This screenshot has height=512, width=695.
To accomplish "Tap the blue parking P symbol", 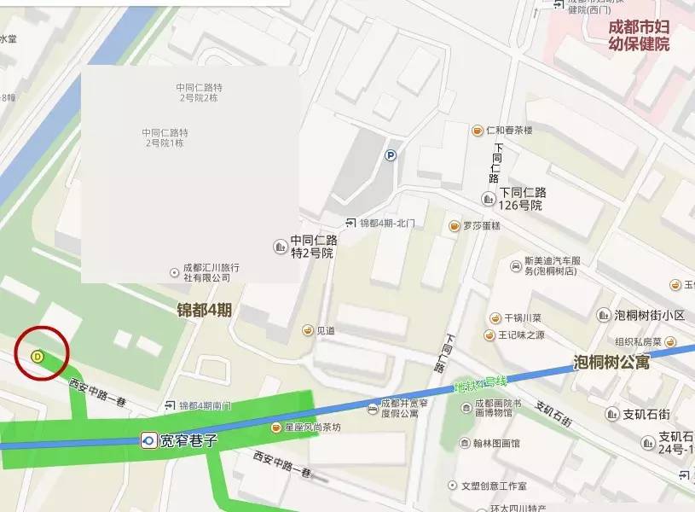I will (x=391, y=155).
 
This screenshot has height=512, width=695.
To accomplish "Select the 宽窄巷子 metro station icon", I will (x=148, y=440).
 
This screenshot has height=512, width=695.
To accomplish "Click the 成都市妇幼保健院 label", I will (x=639, y=35).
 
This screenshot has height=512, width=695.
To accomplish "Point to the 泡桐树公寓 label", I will (x=611, y=362).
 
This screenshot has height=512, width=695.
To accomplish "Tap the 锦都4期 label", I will (x=205, y=309).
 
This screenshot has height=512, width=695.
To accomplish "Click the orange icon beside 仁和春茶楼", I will (x=478, y=131).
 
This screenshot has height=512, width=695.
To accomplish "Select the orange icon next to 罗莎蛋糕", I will (x=455, y=226).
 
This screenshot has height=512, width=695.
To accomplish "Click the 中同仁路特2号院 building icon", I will (x=280, y=247).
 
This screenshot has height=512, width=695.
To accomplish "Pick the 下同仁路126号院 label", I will (x=523, y=199).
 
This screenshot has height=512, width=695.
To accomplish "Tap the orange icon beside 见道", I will (x=307, y=330).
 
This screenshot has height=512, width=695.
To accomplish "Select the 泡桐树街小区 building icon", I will (x=605, y=315).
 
